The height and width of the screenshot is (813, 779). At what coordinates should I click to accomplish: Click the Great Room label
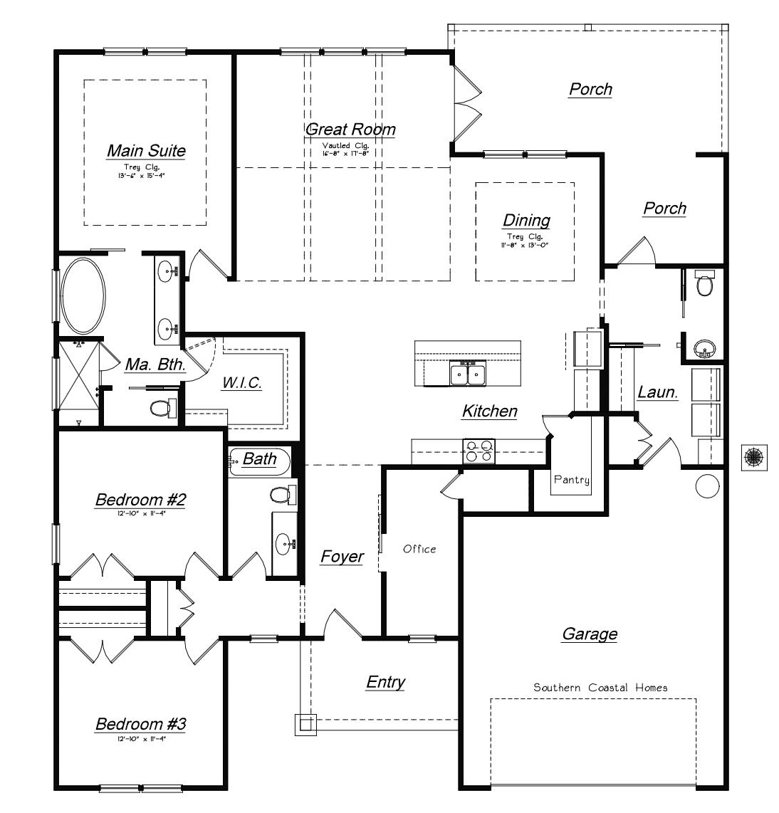point(350,130)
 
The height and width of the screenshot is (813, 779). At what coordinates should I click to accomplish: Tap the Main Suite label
point(146,151)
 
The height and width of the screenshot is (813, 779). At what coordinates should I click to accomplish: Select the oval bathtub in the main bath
point(83,296)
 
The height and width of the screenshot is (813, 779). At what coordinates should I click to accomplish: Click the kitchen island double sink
point(468,373)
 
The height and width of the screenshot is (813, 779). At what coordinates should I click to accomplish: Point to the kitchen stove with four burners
point(479,451)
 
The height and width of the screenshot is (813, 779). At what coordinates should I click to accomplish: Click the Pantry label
point(572,480)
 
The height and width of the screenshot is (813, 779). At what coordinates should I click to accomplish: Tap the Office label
point(419,549)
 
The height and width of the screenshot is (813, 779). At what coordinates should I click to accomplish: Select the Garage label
point(590,634)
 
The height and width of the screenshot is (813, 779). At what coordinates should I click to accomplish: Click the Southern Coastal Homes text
point(601,688)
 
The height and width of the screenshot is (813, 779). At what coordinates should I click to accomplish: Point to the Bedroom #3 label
point(141,725)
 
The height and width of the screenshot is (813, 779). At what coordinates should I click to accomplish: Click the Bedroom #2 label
point(141,500)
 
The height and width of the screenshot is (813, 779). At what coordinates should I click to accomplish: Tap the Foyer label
point(342,557)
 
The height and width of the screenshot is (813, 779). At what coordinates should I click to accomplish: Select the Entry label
point(386,682)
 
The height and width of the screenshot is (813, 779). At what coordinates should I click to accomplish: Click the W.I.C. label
point(242,382)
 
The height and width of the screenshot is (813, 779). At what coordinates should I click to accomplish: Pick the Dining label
point(526,220)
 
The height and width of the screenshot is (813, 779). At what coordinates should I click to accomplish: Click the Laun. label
point(657,392)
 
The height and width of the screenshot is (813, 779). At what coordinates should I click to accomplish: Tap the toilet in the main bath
point(162,408)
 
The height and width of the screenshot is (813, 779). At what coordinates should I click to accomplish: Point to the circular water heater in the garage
point(708,486)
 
